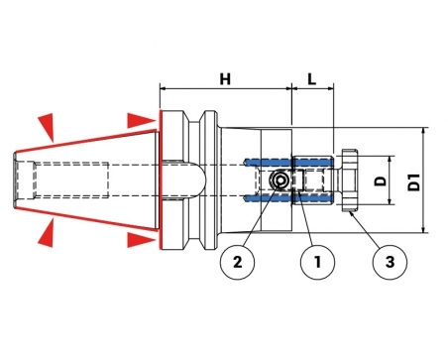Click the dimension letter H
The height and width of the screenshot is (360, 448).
coord(225,79)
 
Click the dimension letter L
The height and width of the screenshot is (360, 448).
coord(312,79)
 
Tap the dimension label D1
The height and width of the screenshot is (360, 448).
coord(413,181)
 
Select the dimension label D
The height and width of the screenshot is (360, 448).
coord(381,180)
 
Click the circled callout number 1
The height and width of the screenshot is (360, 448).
coord(317,262)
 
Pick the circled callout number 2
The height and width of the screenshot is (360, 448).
coord(238,262)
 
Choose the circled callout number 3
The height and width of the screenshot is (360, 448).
coord(390,262)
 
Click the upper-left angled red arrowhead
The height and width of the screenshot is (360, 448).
coord(48,126)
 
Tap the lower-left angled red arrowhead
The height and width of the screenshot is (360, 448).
coord(47,233)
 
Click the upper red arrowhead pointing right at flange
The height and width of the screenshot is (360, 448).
coord(141,120)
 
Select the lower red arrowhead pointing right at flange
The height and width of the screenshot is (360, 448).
coord(141,240)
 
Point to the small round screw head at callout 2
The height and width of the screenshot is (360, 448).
coord(280,180)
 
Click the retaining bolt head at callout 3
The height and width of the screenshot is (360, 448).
coord(350,180)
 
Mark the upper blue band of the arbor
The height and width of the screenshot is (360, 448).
coord(288,162)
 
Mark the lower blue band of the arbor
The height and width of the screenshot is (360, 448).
coord(288,198)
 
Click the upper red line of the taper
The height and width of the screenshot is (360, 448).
coord(86,141)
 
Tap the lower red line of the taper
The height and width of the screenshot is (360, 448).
coord(86,218)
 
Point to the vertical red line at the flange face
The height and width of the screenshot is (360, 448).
coord(161,180)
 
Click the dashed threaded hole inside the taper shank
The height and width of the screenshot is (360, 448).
coord(71,180)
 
